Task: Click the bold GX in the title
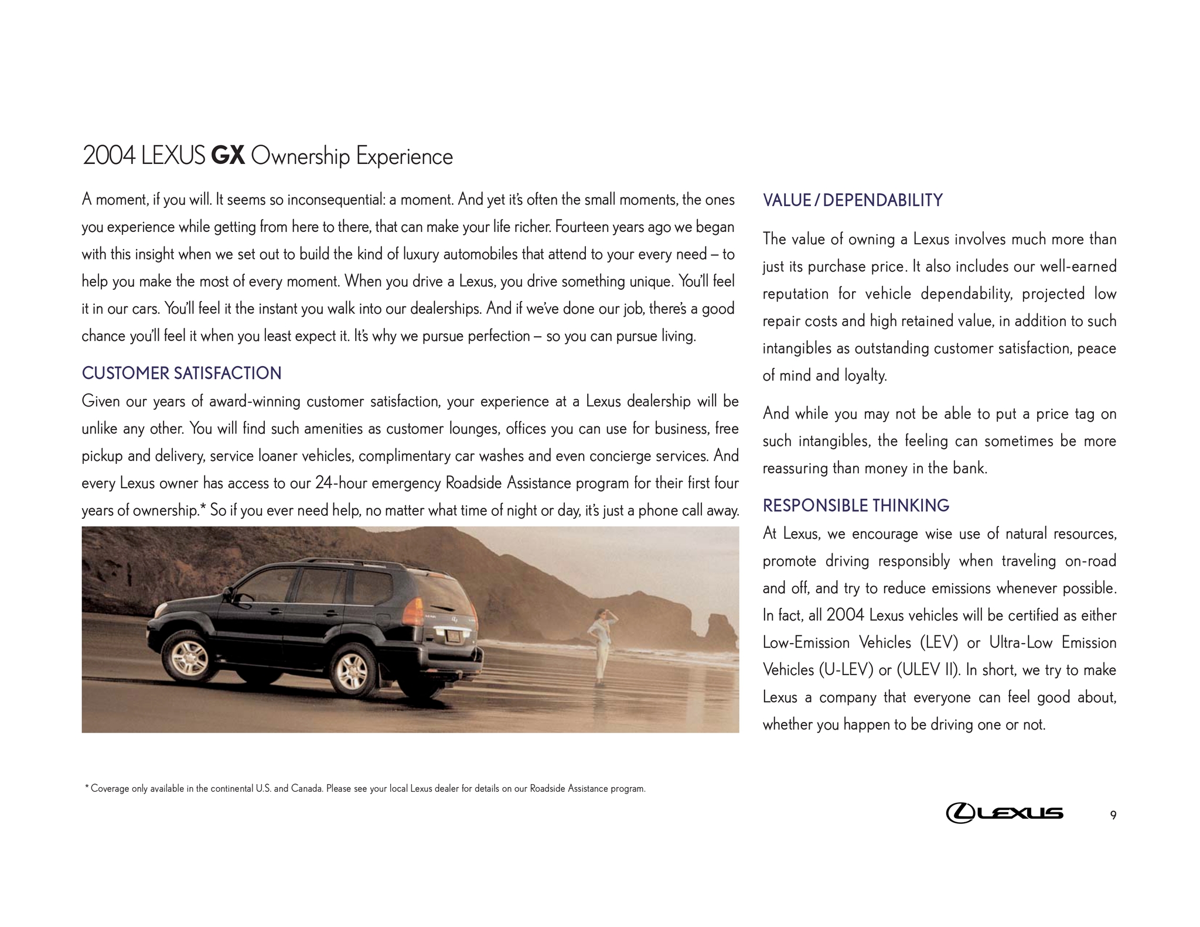tap(228, 156)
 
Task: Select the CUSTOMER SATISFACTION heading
tap(182, 373)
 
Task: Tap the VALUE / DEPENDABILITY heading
tap(853, 200)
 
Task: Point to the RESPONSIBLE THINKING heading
tap(855, 505)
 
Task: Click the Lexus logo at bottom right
tap(1004, 813)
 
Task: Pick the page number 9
tap(1113, 815)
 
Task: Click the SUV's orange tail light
tap(412, 610)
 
